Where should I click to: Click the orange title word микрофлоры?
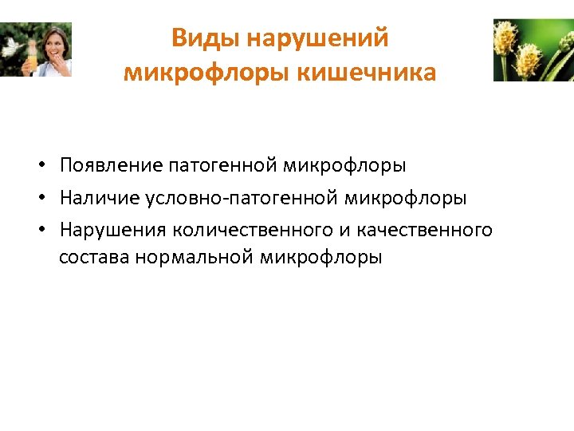tap(207, 73)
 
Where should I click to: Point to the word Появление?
tap(111, 165)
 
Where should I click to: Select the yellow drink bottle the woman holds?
tap(33, 59)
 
